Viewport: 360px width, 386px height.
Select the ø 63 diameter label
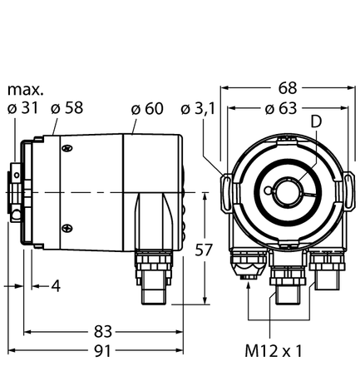point(281,107)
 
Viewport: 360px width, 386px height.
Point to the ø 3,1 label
point(199,107)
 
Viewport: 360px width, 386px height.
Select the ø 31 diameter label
point(22,107)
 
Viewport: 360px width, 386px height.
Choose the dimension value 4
point(56,286)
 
